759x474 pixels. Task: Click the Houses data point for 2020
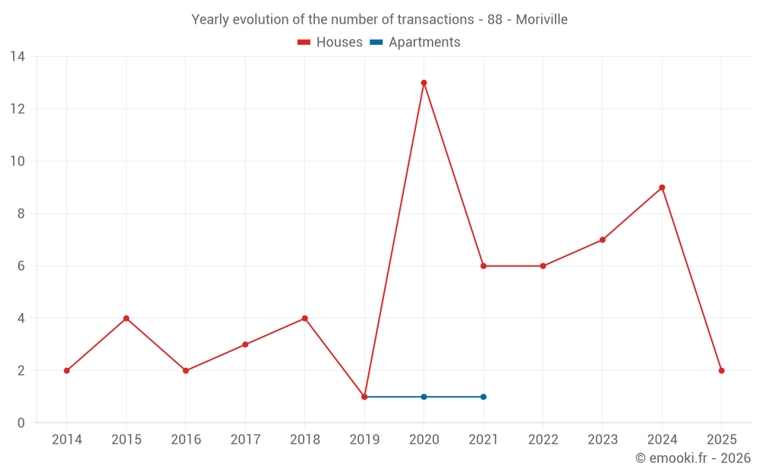pos(424,83)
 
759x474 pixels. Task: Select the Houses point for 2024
pos(662,187)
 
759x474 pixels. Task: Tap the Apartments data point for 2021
pos(483,397)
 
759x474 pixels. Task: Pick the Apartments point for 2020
pos(424,397)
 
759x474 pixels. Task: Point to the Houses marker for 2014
pos(67,371)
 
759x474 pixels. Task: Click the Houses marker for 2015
pos(126,319)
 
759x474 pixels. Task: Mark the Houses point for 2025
pos(721,371)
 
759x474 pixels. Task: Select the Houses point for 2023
pos(603,240)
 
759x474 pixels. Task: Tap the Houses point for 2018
pos(304,319)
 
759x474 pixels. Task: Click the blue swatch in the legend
pos(376,42)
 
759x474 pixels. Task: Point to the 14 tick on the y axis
pos(17,57)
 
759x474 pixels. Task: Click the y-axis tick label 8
pos(21,214)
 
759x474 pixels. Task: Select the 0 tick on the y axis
pos(21,423)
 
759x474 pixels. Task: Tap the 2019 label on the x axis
pos(364,440)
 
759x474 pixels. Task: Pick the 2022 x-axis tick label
pos(543,440)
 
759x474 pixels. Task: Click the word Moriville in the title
pos(541,20)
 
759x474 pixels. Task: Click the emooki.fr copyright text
pos(692,458)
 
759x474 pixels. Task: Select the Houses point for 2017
pos(245,344)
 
